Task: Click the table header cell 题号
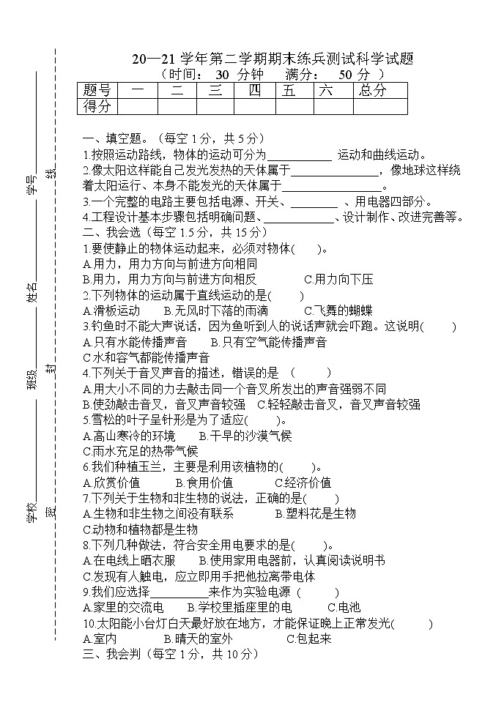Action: point(97,91)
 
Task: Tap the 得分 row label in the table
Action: point(97,107)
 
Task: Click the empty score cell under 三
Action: point(216,107)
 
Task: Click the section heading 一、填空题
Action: point(115,138)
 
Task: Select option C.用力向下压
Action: point(338,279)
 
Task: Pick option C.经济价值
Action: point(303,483)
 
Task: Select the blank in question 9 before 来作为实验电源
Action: point(179,592)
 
